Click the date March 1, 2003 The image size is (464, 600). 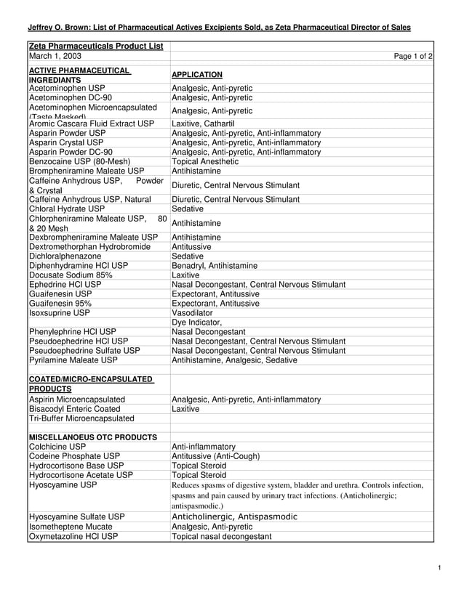pos(55,56)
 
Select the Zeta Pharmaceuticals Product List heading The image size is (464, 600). pos(95,46)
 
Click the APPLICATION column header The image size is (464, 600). pos(197,75)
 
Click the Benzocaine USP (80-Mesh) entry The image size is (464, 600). pos(80,162)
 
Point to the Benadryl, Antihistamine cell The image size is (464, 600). pos(214,266)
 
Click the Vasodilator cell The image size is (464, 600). pos(192,313)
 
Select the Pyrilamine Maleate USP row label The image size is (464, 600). pos(73,360)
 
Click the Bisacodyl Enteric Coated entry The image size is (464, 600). pos(74,409)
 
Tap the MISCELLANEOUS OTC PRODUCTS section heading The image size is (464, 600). pos(93,437)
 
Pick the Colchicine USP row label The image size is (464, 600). pos(58,447)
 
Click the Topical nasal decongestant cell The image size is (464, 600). pos(221,537)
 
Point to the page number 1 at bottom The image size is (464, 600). pos(441,567)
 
